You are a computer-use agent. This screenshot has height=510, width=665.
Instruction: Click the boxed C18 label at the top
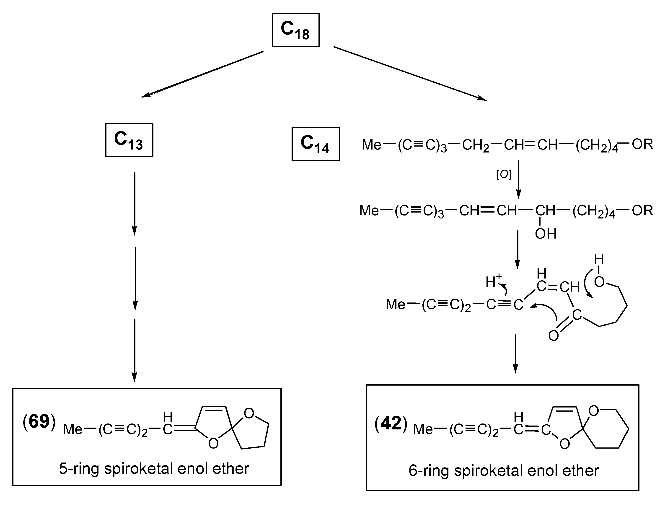[295, 30]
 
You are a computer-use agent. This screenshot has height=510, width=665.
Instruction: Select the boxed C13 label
[129, 140]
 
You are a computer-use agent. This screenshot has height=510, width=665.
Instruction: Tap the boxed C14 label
[316, 144]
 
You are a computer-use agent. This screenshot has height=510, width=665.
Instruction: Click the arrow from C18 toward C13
[202, 74]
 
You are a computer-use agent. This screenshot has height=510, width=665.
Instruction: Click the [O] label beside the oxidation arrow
[503, 175]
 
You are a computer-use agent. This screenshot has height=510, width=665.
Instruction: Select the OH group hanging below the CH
[546, 234]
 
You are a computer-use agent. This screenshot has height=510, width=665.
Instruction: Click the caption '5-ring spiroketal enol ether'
[154, 468]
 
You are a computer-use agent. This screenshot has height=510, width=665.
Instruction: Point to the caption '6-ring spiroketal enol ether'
[503, 471]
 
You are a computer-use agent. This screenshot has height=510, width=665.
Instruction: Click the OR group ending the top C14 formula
[642, 144]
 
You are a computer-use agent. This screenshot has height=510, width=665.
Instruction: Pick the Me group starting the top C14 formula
[371, 145]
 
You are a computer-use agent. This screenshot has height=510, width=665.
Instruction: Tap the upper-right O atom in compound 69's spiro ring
[249, 413]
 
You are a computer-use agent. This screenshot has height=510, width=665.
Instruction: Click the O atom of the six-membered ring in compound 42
[593, 411]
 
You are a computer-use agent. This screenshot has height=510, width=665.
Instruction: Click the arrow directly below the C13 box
[135, 203]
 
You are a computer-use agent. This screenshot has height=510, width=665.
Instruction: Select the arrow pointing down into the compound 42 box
[515, 353]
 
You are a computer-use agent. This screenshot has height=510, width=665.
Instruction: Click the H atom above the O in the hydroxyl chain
[599, 259]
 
